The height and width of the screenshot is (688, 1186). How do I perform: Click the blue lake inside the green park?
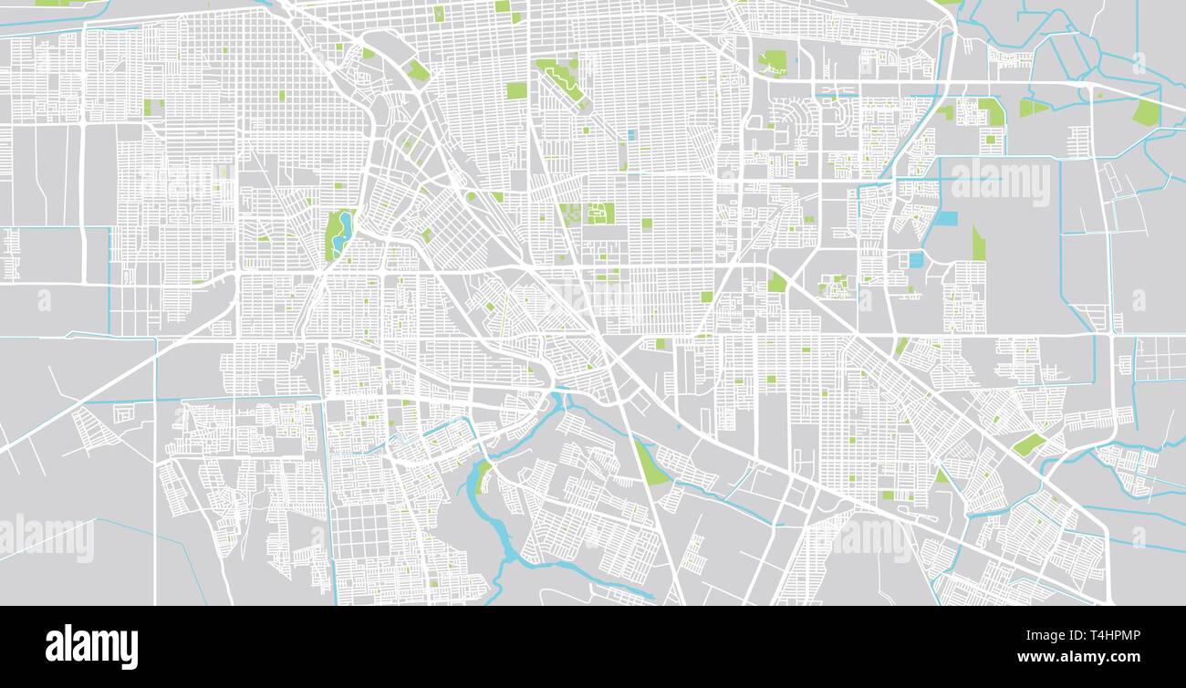(341, 234)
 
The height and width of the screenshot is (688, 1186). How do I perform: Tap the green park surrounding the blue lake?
(332, 228)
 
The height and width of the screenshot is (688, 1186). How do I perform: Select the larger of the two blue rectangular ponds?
(947, 219)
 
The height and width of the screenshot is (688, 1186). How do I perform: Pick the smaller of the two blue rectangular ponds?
(916, 260)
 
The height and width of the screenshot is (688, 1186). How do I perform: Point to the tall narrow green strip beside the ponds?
(978, 244)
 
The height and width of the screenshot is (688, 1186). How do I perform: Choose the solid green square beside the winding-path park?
(516, 90)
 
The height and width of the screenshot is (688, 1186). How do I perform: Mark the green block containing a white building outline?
(599, 214)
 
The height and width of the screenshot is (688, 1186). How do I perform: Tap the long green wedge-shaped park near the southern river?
(650, 464)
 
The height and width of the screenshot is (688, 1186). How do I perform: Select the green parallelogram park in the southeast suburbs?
(1029, 444)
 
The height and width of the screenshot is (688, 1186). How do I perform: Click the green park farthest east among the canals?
(1146, 112)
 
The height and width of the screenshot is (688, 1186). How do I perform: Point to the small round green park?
(777, 282)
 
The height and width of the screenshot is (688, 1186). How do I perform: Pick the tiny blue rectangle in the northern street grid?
(630, 135)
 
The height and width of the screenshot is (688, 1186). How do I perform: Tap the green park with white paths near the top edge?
(773, 62)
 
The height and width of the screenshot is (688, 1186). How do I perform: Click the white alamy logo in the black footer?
(91, 646)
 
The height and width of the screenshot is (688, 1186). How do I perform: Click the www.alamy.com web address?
(1078, 657)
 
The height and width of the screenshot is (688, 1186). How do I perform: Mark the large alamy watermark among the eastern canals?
(1001, 182)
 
